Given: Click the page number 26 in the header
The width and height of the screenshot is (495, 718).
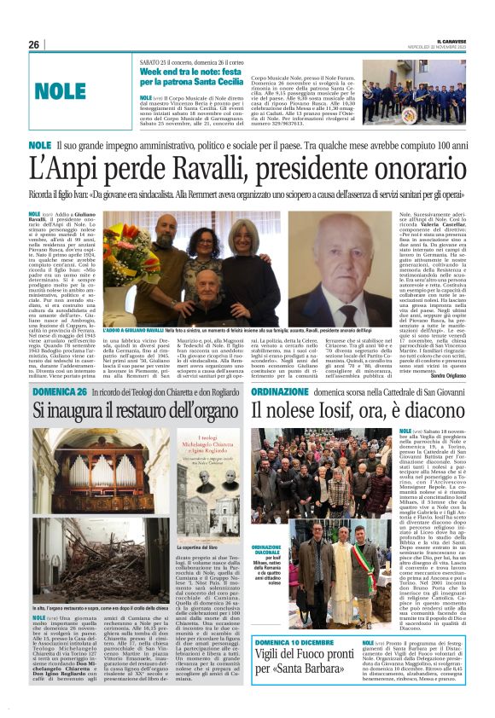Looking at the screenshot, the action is [34, 44].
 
